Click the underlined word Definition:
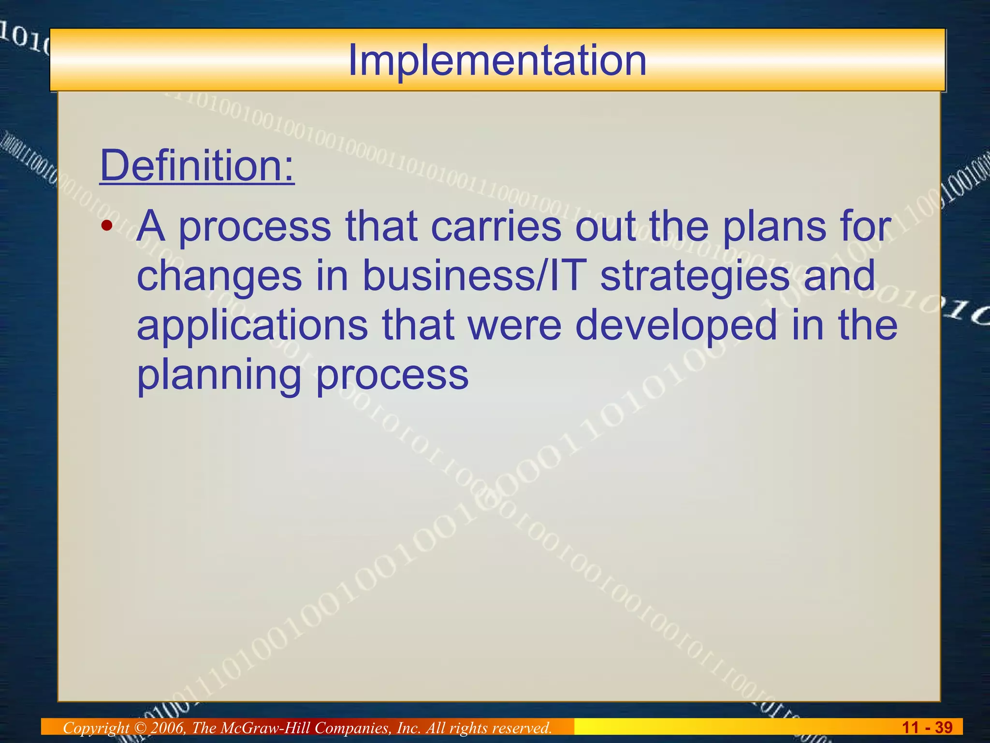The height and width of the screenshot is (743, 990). click(197, 165)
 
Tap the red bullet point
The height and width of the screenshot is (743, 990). click(107, 225)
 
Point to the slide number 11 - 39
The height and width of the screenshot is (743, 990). click(927, 727)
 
